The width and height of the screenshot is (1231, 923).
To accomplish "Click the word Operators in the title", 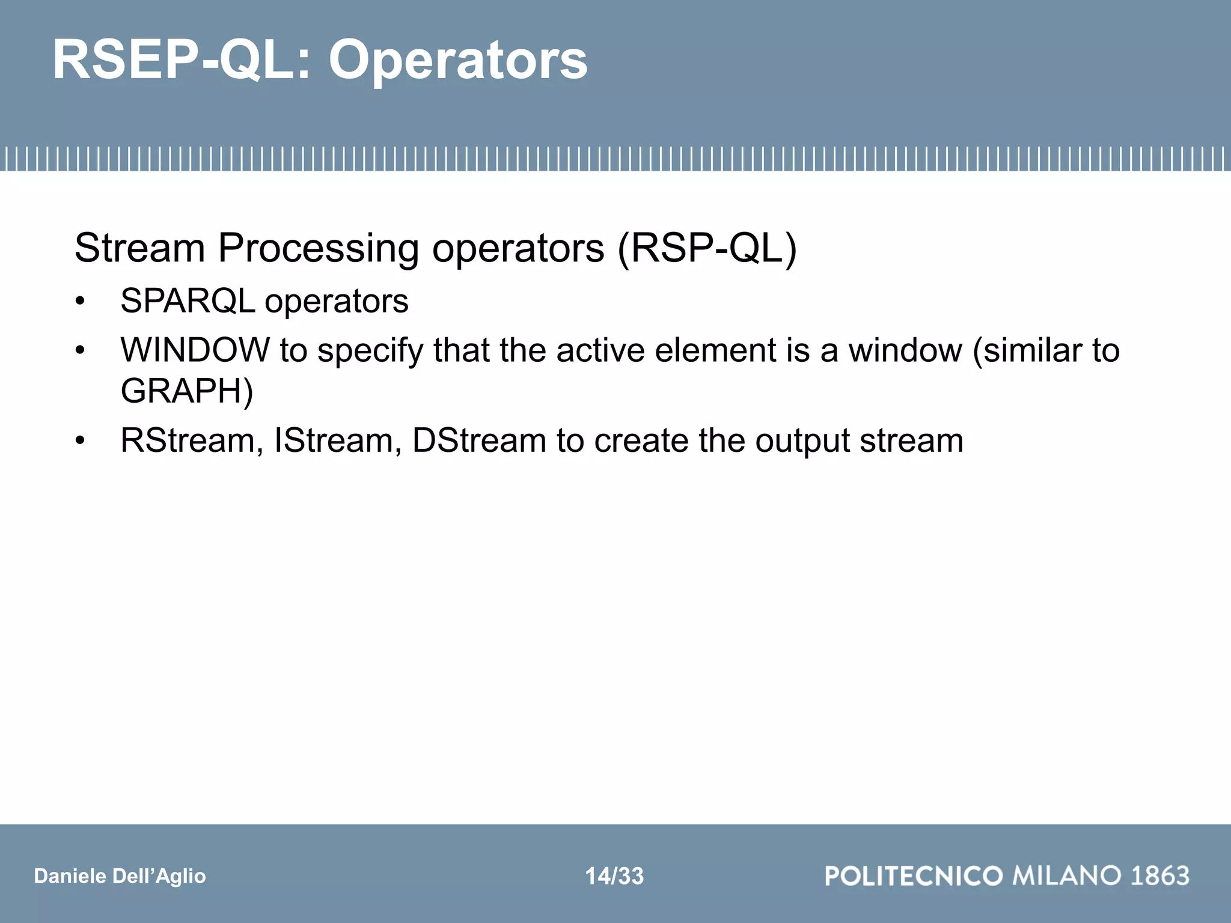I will point(458,60).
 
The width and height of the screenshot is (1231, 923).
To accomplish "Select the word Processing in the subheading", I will point(318,248).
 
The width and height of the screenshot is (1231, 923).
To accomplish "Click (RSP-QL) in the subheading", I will point(707,248).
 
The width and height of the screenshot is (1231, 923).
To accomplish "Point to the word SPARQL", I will point(188,301).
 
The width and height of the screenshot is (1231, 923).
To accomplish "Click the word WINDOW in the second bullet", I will point(195,350).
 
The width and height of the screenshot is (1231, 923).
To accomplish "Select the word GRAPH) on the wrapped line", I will point(187,391).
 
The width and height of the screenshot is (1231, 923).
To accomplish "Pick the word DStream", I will point(479,440).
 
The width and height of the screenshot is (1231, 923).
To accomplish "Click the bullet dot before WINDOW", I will point(80,351).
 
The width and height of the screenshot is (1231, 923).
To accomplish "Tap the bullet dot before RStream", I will point(80,442).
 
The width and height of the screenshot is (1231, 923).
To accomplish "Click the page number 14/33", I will point(614,876).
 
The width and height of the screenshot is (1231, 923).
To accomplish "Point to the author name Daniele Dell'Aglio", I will point(120,876).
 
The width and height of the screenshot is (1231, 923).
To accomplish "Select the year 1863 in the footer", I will point(1159,876).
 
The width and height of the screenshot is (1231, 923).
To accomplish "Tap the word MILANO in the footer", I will point(1067,876).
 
